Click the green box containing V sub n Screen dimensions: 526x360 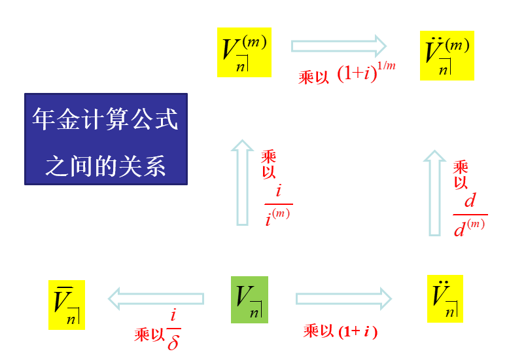point(249,299)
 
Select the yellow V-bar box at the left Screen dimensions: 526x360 point(66,304)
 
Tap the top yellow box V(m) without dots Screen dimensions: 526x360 point(244,51)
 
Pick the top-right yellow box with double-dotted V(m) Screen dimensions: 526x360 point(447,56)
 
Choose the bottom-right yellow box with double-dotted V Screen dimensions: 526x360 point(445,298)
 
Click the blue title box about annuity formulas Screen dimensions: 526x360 point(105,139)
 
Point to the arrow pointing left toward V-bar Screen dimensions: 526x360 point(156,299)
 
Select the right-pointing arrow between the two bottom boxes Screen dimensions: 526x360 point(343,299)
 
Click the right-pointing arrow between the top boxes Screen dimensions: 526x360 point(339,46)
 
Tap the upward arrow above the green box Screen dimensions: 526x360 point(243,183)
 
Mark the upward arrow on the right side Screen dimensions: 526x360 point(435,192)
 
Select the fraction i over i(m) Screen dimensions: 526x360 point(279,204)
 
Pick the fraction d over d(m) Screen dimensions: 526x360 point(470,214)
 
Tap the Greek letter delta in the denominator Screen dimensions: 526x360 point(173,342)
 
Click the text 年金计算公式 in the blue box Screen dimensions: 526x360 point(105,120)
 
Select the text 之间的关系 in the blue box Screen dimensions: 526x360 point(105,164)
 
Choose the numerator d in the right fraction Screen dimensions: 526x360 point(470,200)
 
